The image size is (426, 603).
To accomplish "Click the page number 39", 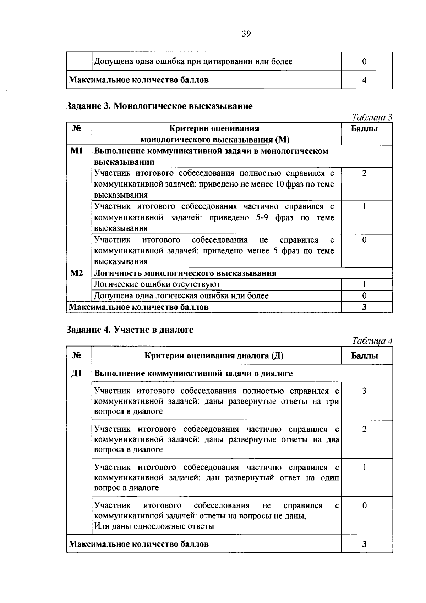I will pos(246,34).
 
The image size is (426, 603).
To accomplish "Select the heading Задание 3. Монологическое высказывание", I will pos(160,106).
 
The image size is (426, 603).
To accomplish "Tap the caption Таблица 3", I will pos(372,117).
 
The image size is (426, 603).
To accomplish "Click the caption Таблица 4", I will pos(372,341).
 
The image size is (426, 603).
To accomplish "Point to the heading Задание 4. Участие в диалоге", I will pos(130,330).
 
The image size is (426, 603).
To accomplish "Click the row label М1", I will pos(77,151).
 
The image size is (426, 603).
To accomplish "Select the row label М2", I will pos(77,273).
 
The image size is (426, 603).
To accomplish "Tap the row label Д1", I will pos(77,374).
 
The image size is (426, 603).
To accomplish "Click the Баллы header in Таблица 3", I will pos(364,129).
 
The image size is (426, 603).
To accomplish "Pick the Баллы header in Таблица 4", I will pos(364,356).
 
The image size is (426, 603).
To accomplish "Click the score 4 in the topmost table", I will pos(364,80).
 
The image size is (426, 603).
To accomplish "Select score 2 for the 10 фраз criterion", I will pos(364,173).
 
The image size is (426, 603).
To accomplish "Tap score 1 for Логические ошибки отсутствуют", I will pos(364,284).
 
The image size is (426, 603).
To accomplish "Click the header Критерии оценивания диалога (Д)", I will pos(214,356).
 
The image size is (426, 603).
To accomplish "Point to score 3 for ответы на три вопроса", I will pos(364,391).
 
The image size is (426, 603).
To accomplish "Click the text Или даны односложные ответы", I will pos(154,526).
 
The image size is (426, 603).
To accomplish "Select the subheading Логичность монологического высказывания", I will pos(185,273).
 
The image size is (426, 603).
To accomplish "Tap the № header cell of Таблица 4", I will pos(77,356).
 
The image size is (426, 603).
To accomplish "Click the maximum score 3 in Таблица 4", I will pos(364,544).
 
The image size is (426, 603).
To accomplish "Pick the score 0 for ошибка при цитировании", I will pos(364,62).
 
